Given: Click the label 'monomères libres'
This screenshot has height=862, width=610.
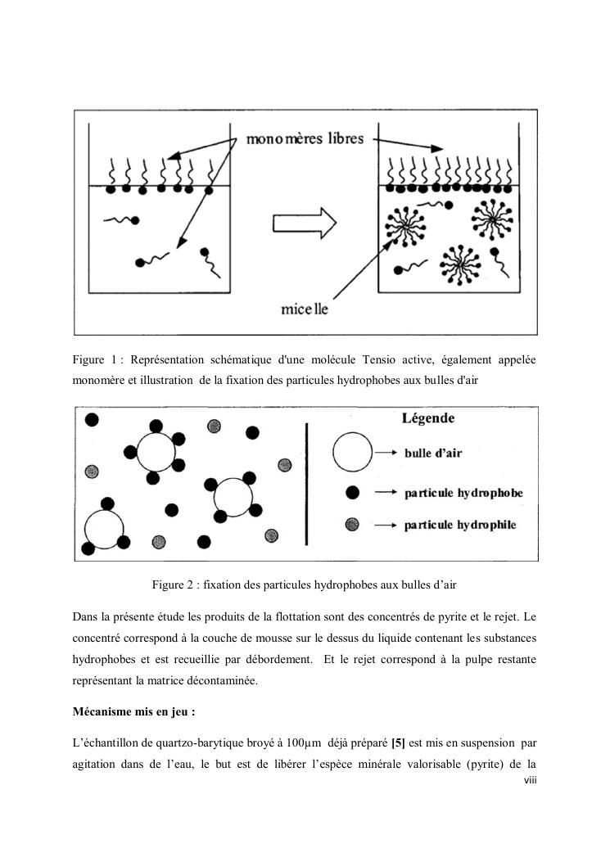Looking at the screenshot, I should click(305, 139).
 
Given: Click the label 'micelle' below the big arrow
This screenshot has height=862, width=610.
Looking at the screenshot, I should click(304, 310).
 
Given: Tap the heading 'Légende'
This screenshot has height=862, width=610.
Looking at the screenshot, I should click(428, 418).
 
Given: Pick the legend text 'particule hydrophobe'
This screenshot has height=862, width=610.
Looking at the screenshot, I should click(463, 494).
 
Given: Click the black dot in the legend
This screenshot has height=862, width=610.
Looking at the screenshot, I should click(352, 493).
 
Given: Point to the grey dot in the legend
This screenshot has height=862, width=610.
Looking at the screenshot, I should click(352, 524).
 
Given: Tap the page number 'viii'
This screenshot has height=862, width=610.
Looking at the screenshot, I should click(530, 781).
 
